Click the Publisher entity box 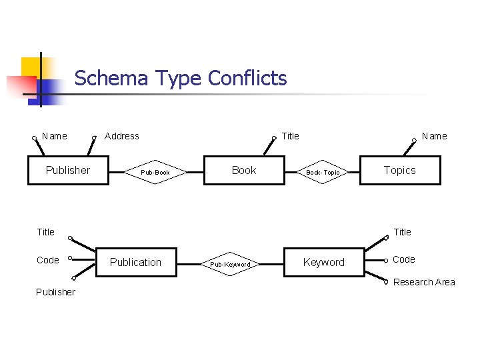[x=67, y=171]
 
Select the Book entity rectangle [x=244, y=171]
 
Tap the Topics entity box [x=400, y=171]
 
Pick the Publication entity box [x=135, y=262]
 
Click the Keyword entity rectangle [x=324, y=262]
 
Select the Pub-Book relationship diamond [x=155, y=173]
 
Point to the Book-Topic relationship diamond [x=323, y=173]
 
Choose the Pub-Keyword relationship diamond [x=230, y=265]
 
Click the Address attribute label [x=122, y=136]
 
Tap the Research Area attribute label [x=424, y=282]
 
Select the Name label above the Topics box [x=435, y=136]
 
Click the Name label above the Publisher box [x=54, y=136]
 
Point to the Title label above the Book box [x=291, y=136]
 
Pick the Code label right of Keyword [x=403, y=259]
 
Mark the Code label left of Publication [x=47, y=260]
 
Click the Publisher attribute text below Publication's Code [x=55, y=292]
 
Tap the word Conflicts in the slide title [x=247, y=79]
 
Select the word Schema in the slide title [x=111, y=79]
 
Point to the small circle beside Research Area [x=386, y=282]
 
